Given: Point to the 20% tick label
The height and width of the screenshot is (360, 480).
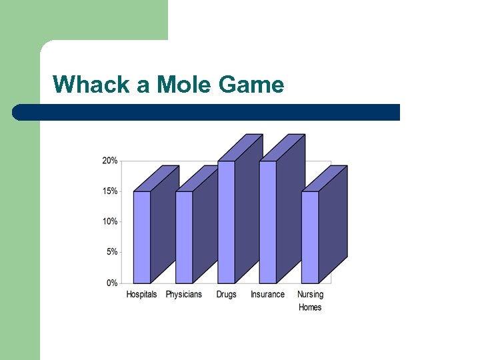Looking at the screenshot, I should (x=109, y=161).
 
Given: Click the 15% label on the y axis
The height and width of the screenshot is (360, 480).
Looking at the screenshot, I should (x=109, y=191).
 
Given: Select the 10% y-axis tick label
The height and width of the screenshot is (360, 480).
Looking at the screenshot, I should (x=109, y=221).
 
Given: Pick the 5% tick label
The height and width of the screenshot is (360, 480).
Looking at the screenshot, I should (x=111, y=252).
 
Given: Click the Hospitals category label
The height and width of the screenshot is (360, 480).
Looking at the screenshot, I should (x=141, y=295).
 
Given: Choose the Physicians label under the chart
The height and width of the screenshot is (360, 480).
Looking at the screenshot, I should (x=183, y=295).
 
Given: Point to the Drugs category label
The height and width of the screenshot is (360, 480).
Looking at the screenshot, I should (x=226, y=295).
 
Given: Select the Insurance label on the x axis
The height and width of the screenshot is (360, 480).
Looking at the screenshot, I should (x=267, y=295).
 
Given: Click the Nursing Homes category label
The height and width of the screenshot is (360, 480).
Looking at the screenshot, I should (x=310, y=301).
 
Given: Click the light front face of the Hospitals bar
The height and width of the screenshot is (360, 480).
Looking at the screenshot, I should (x=141, y=237).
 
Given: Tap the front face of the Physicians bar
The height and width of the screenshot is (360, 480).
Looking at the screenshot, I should (x=184, y=237).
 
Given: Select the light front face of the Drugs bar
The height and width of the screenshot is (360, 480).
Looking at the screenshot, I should (x=226, y=222).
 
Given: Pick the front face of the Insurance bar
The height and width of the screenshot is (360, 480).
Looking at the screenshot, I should (x=267, y=222).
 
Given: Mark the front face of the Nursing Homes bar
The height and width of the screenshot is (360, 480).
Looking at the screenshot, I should (x=310, y=237).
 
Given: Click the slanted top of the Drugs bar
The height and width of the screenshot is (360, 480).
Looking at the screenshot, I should (x=240, y=147).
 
